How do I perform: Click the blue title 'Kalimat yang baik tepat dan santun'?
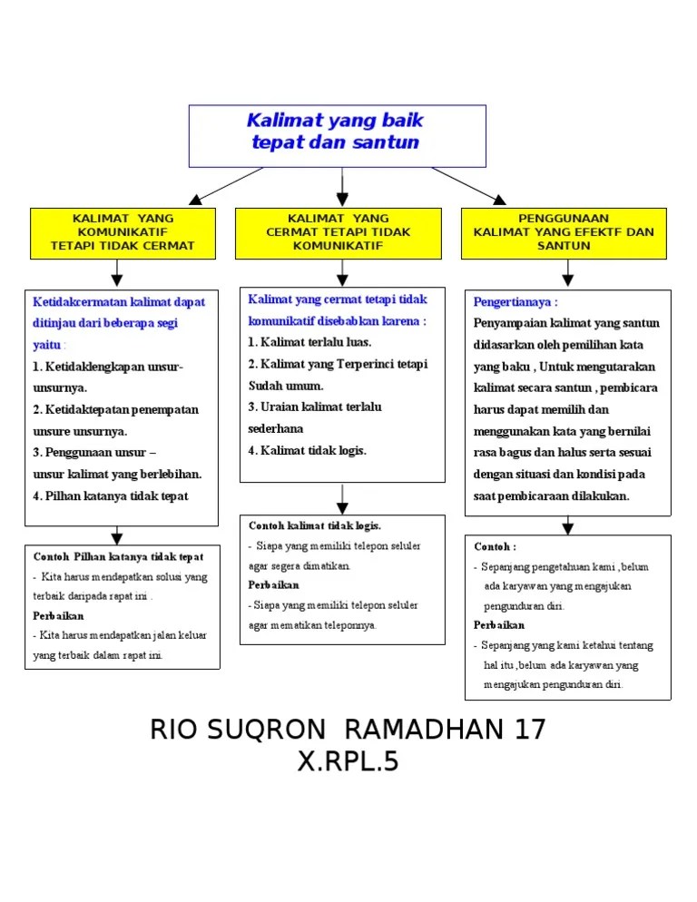coord(336,132)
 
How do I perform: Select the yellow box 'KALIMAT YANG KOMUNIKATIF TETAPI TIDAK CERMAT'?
coord(123,232)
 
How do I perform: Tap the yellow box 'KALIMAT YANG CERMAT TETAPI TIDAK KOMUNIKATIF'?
coord(339,232)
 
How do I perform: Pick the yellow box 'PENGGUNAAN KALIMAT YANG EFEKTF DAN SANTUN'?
coord(564,232)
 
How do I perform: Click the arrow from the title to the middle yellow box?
coord(342,187)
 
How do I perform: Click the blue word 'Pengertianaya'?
coord(514,302)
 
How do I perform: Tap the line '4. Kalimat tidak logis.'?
coord(307,451)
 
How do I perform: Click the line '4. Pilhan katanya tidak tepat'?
coord(111,496)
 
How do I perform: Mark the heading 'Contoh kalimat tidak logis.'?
coord(315,526)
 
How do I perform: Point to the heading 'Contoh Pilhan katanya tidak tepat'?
coord(118,557)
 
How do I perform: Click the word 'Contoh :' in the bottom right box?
coord(495,547)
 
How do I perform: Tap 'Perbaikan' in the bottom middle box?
coord(274,585)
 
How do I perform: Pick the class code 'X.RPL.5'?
coord(348,762)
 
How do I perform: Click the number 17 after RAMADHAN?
coord(529,730)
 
